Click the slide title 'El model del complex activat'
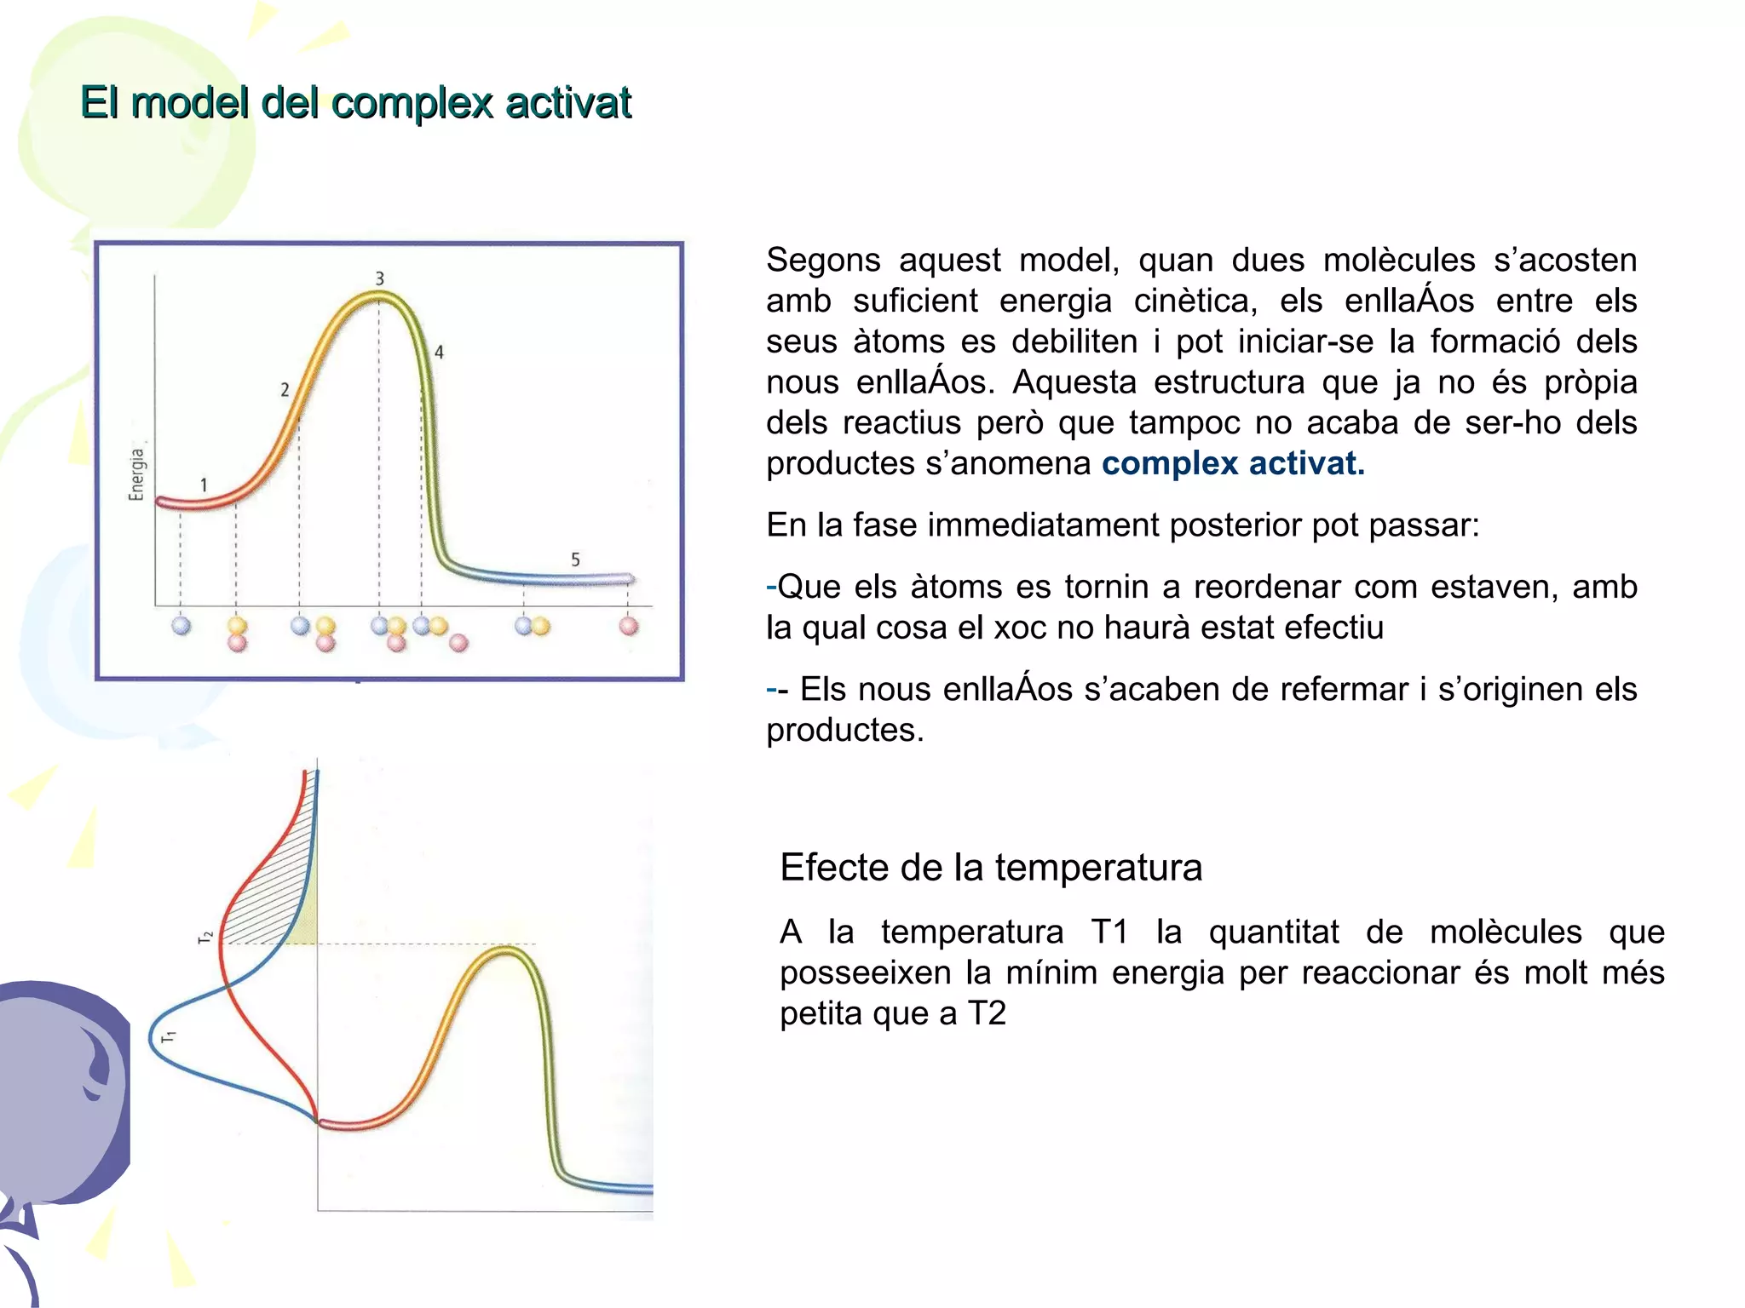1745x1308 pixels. pos(355,103)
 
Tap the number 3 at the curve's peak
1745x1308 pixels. pos(380,278)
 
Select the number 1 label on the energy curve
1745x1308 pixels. pos(204,485)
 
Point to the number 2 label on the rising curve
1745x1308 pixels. pos(285,390)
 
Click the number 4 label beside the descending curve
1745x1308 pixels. pos(439,352)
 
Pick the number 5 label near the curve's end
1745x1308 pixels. pos(575,559)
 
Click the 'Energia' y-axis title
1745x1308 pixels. pos(136,474)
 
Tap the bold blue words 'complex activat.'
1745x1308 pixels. pos(1232,463)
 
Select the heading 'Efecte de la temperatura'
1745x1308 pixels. pos(990,868)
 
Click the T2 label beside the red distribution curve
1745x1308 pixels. pos(205,937)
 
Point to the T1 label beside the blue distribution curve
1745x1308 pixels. pos(168,1036)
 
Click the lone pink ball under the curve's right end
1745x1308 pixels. pos(629,627)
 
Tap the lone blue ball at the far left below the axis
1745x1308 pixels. pos(181,626)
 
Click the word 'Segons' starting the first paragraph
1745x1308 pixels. pos(822,260)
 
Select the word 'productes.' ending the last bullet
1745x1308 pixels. pos(844,730)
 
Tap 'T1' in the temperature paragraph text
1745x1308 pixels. pos(1109,932)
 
